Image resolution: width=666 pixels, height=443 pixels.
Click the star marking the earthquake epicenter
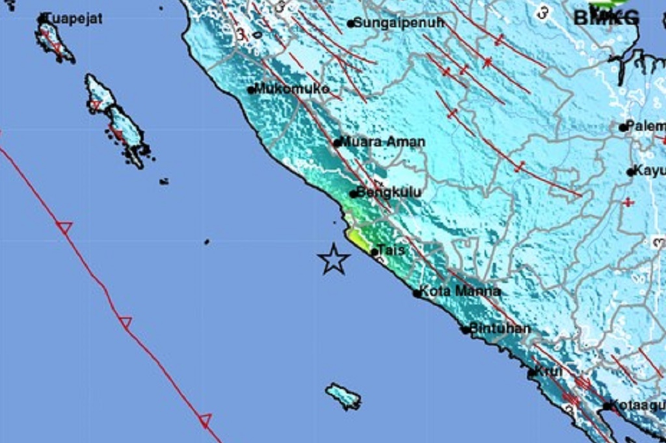click(334, 259)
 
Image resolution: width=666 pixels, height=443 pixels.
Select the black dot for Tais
click(374, 252)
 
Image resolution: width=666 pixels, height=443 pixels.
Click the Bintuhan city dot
click(466, 330)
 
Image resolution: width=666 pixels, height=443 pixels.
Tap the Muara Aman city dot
click(337, 142)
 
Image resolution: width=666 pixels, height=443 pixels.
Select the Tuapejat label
click(73, 18)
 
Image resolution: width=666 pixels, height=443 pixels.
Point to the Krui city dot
click(531, 373)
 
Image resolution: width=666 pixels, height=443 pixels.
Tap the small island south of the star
click(343, 396)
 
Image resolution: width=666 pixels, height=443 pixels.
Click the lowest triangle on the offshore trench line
click(206, 421)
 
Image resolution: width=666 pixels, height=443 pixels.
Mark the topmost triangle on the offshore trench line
click(64, 227)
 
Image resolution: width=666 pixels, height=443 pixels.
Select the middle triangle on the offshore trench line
click(126, 322)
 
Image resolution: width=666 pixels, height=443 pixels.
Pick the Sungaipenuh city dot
click(351, 24)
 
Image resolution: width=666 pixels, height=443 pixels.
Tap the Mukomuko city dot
click(251, 90)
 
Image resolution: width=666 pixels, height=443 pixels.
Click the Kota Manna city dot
click(417, 293)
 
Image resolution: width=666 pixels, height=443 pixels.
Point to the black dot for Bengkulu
click(353, 194)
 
